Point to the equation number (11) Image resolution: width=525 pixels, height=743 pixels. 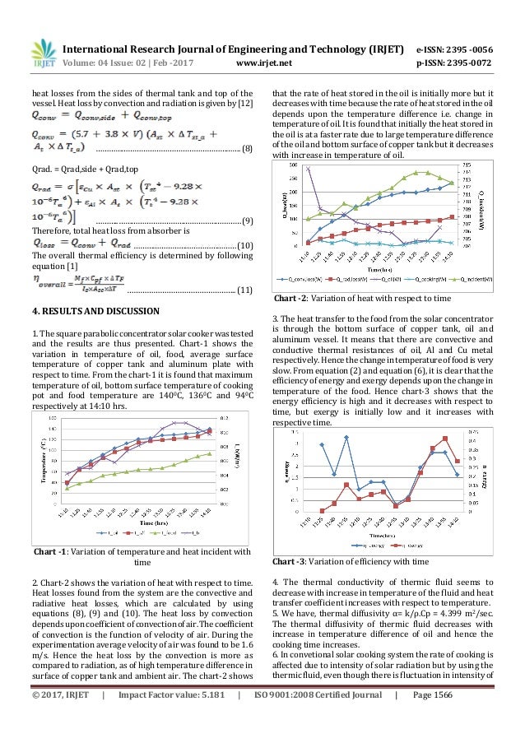[x=244, y=291]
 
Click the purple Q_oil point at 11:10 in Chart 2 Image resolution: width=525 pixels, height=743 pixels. [x=308, y=169]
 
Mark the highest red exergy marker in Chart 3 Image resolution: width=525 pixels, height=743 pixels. [x=445, y=439]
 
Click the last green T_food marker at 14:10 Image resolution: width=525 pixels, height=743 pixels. [x=210, y=453]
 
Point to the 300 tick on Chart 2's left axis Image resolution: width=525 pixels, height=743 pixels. [x=295, y=165]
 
